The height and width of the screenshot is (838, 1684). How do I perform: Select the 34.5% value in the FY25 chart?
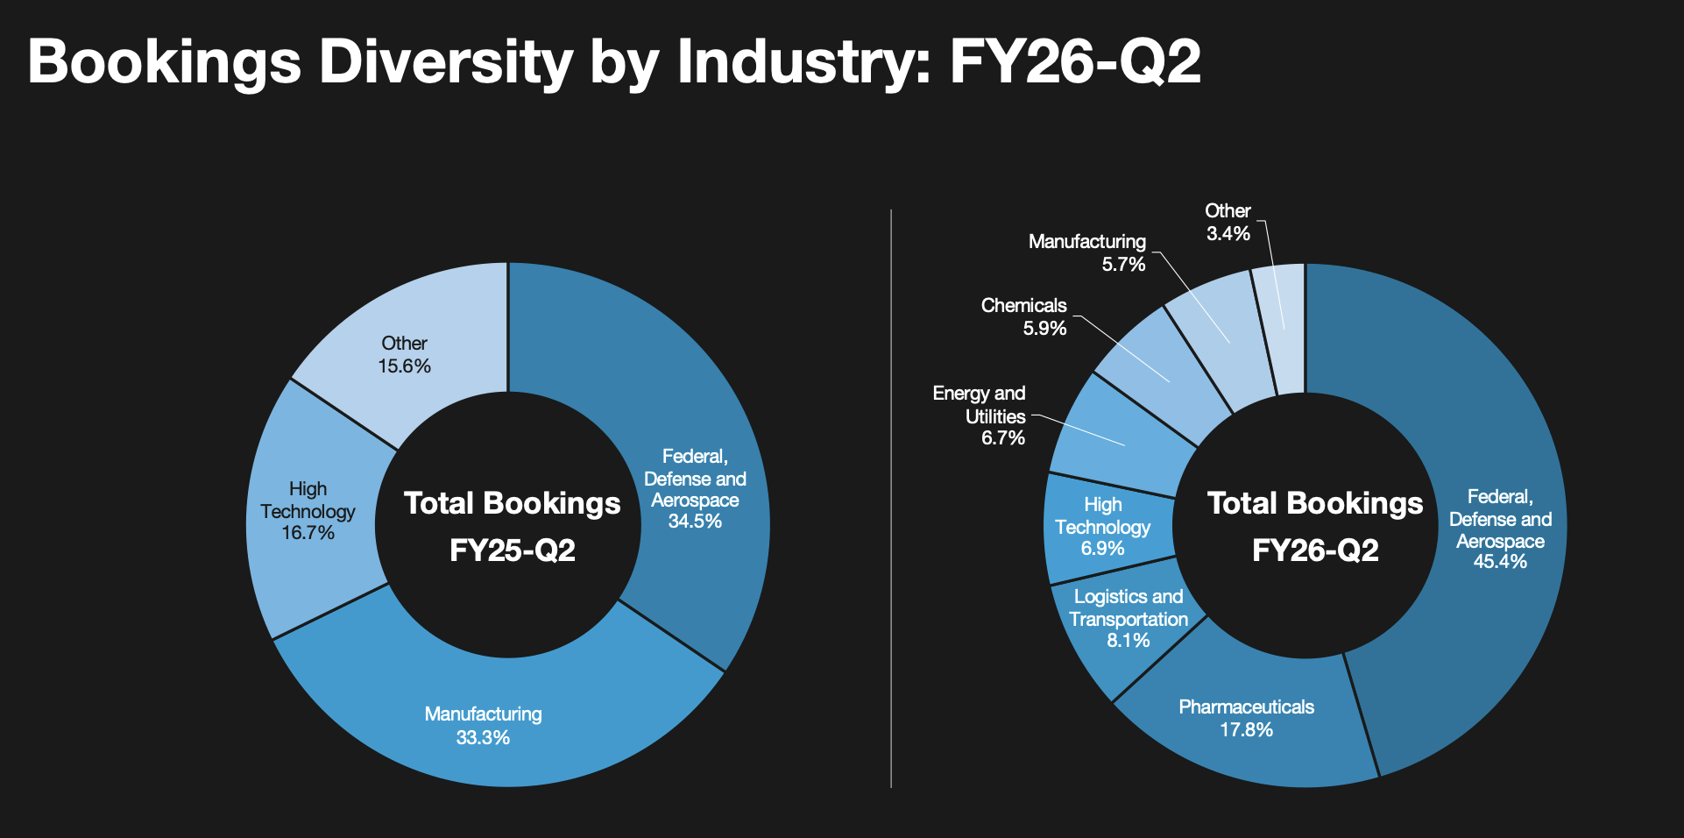(695, 522)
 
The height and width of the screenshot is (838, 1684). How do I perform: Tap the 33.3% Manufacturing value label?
(483, 738)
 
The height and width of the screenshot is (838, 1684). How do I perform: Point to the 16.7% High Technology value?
(308, 533)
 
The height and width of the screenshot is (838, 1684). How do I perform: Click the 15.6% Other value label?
(404, 366)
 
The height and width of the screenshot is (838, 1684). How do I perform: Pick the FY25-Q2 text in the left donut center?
(512, 550)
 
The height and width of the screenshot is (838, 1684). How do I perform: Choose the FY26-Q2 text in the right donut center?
(1314, 550)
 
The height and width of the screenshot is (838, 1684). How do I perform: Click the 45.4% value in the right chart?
(1499, 562)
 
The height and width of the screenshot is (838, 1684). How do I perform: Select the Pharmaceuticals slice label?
(1246, 707)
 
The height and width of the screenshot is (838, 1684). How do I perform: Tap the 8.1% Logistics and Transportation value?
(1128, 641)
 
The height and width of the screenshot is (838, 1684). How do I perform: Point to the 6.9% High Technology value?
(1102, 549)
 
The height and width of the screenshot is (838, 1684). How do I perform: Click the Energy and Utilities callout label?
(979, 405)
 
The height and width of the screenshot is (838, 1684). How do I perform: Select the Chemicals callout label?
(1023, 306)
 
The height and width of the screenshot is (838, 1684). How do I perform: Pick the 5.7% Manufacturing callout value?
(1123, 265)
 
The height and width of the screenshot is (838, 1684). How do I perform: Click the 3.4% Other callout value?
(1228, 234)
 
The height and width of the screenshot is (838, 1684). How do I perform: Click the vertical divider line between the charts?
(891, 500)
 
